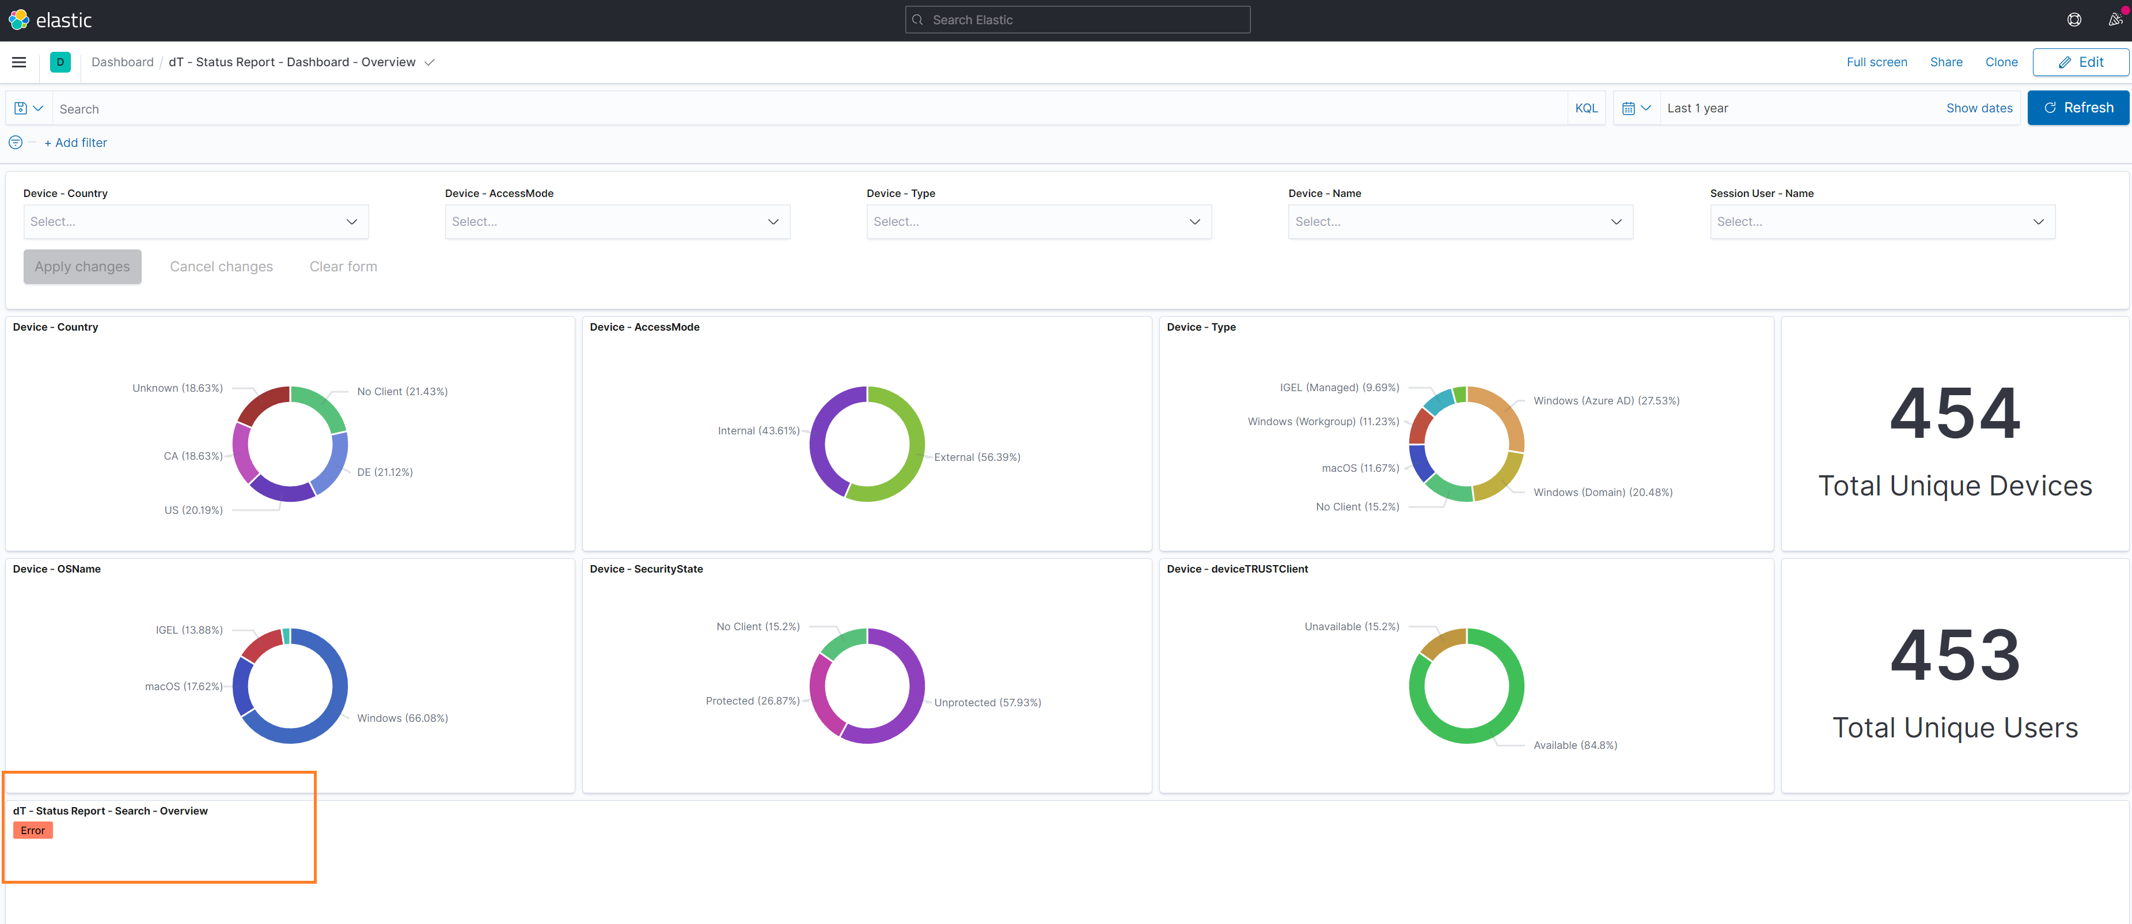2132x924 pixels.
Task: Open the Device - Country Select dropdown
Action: coord(195,222)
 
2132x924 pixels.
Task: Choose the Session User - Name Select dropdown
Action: coord(1881,222)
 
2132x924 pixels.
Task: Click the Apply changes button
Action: coord(82,267)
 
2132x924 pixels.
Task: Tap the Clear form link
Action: coord(343,267)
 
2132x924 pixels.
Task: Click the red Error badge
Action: coord(33,831)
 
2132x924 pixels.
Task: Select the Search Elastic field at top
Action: coord(1077,20)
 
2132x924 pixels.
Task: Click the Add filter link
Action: coord(75,142)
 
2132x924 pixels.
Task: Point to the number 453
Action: coord(1955,655)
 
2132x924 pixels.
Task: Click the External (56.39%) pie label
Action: coord(977,457)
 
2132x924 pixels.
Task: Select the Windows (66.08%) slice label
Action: coord(402,718)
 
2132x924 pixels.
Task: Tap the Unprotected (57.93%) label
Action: coord(987,702)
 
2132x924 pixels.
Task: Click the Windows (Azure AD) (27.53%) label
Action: coord(1606,401)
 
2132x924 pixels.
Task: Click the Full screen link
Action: coord(1876,62)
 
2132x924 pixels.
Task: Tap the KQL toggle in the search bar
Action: coord(1586,108)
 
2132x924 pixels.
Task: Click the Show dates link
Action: coord(1979,108)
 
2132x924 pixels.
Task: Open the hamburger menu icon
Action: coord(19,62)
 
